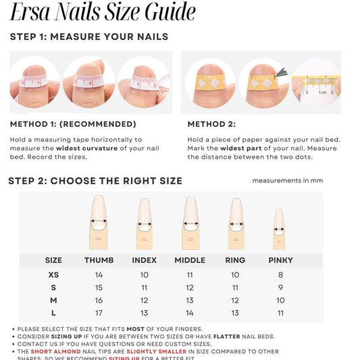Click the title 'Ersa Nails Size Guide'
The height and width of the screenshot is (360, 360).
tap(103, 13)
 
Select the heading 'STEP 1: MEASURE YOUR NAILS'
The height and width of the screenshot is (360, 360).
tap(89, 36)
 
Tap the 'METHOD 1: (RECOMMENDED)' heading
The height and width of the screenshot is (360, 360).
tap(73, 124)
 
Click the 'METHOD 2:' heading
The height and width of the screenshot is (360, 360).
tap(211, 124)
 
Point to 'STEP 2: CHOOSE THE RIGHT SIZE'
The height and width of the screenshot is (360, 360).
tap(95, 181)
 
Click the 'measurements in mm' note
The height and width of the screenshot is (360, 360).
tap(288, 181)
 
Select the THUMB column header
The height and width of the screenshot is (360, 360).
tap(99, 260)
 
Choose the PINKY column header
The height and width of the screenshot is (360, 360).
tap(280, 260)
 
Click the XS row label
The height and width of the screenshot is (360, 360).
tap(53, 275)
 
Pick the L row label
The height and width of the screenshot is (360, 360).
tap(53, 313)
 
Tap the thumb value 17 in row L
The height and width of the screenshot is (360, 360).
tap(99, 313)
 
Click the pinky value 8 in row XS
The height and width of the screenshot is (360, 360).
tap(280, 275)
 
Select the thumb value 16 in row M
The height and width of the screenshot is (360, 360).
tap(99, 301)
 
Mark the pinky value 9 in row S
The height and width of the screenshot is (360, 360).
tap(280, 288)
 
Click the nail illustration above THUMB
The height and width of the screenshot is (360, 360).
tap(99, 222)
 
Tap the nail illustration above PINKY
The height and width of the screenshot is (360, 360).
tap(279, 230)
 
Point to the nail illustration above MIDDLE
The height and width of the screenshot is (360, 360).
tap(190, 222)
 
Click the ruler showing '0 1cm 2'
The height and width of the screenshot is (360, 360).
tap(315, 86)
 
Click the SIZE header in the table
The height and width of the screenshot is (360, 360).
tap(53, 260)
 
